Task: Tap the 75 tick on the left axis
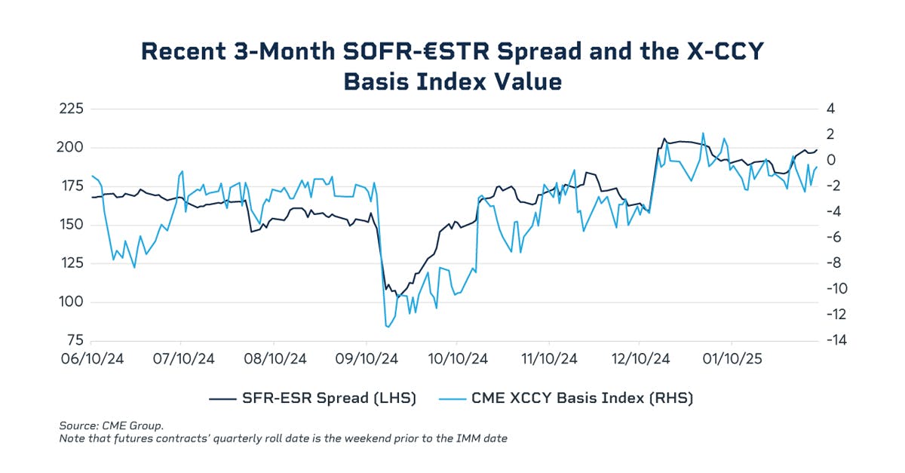[x=73, y=340]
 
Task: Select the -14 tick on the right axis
[x=839, y=340]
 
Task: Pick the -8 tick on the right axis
[x=836, y=263]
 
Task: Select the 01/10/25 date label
[x=730, y=359]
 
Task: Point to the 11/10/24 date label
[x=549, y=359]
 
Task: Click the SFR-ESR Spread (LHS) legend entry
[x=312, y=398]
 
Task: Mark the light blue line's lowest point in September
[x=388, y=327]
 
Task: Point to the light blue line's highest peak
[x=703, y=134]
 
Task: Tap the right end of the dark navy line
[x=818, y=149]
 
